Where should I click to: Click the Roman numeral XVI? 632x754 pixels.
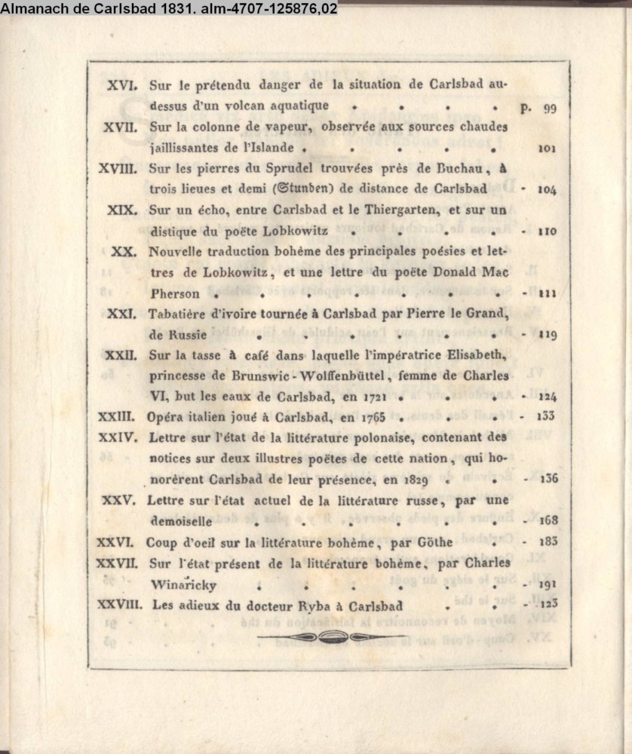tap(122, 85)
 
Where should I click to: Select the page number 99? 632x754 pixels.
tap(548, 108)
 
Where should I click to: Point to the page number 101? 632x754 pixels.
tap(547, 149)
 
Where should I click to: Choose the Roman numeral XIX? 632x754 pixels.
tap(123, 210)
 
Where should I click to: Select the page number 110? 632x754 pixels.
tap(547, 231)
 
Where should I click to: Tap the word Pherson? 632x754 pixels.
tap(175, 293)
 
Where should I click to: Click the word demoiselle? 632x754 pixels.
tap(181, 520)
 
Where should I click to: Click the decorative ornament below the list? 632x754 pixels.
tap(330, 637)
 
